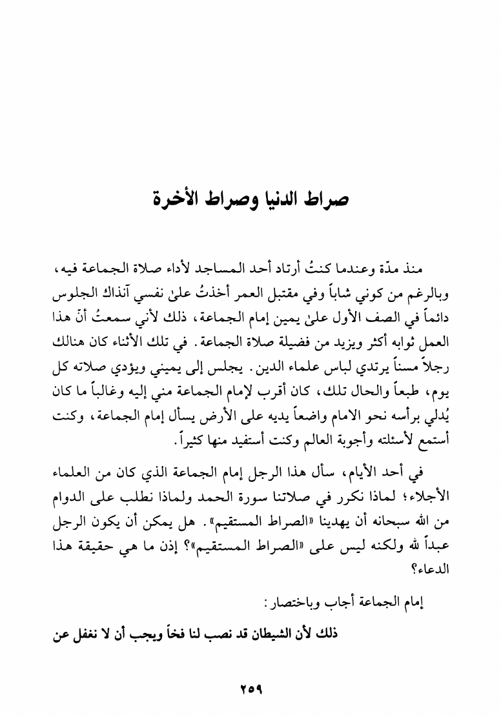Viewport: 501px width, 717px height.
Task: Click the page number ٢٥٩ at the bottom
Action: (x=250, y=689)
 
